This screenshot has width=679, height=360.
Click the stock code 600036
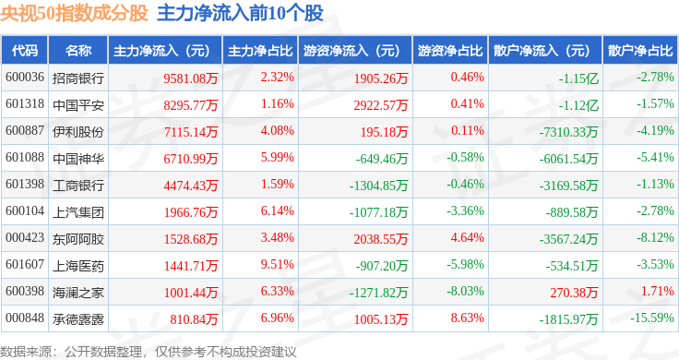25,78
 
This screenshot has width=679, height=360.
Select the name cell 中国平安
78,105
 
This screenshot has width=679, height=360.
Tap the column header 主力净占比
260,51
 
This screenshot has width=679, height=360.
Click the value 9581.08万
191,78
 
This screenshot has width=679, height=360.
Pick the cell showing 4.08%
277,130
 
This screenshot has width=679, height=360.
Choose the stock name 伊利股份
78,132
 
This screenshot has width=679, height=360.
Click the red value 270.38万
574,293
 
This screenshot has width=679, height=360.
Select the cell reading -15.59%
651,318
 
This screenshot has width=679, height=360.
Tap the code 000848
25,318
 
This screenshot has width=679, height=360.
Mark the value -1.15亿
578,78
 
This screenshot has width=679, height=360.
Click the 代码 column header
25,51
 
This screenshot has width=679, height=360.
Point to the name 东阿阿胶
78,239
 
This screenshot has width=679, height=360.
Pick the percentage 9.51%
277,264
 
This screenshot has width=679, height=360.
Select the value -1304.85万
378,186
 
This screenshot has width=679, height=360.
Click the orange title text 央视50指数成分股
74,13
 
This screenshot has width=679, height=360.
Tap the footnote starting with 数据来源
149,352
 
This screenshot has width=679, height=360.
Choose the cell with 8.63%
467,318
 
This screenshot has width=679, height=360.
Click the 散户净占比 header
640,51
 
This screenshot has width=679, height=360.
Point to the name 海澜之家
78,293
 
